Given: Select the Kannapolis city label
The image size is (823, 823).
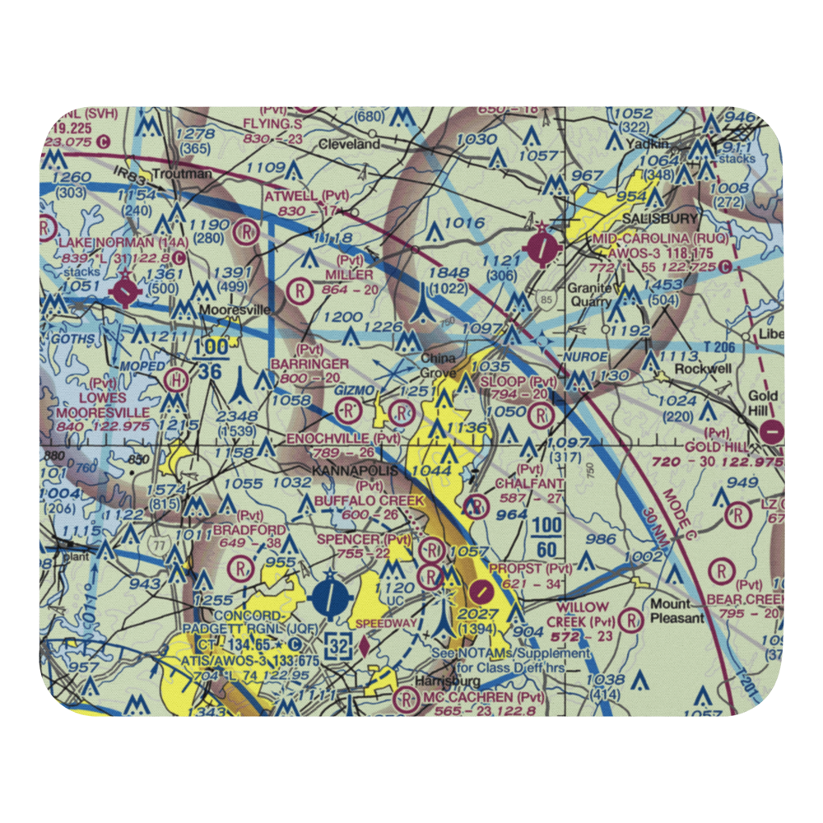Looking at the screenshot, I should [x=354, y=471].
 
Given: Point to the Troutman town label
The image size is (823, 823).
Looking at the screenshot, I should [x=188, y=174].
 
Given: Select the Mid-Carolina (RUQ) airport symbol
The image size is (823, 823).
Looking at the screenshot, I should [x=543, y=245].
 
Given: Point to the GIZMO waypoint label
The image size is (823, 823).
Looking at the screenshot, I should [x=356, y=388].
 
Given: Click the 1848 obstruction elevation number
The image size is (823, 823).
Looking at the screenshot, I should [x=447, y=273].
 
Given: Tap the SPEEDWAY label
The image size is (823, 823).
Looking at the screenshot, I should [x=385, y=624].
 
